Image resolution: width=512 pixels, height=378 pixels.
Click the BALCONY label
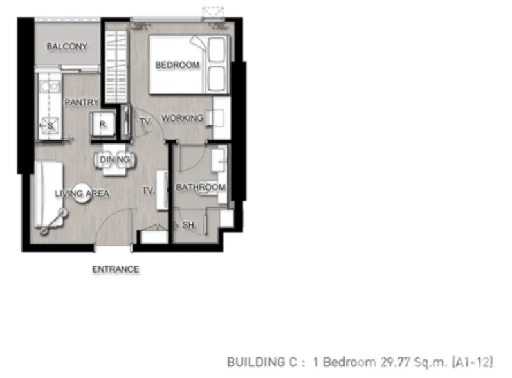click(67, 46)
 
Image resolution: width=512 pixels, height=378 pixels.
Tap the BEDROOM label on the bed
click(178, 65)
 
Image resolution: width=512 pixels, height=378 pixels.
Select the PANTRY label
click(82, 102)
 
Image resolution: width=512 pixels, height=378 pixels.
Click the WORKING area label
click(182, 118)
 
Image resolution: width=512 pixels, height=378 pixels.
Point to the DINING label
click(115, 159)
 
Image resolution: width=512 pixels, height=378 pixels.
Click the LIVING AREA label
click(82, 194)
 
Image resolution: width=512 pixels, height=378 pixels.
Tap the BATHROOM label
click(201, 187)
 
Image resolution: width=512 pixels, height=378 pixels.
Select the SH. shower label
click(189, 225)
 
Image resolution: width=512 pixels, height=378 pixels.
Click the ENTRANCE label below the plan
click(116, 269)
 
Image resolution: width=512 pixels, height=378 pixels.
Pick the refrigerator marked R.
click(103, 124)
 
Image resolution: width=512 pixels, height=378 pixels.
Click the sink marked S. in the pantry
click(50, 125)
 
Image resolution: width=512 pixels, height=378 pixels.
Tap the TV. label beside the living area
click(148, 191)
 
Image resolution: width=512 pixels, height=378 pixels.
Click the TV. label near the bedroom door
click(145, 122)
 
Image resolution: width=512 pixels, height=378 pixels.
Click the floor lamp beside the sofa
click(53, 222)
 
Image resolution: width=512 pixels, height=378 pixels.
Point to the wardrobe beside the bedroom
click(116, 66)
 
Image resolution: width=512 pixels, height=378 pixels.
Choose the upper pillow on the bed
click(217, 50)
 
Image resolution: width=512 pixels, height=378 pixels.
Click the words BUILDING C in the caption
click(262, 362)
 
